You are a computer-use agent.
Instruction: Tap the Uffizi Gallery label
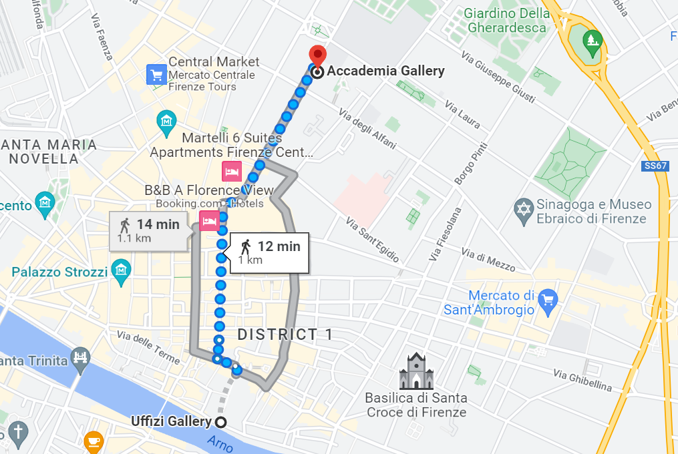click(172, 421)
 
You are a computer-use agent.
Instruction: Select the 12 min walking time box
click(269, 252)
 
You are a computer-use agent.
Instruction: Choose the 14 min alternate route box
click(148, 230)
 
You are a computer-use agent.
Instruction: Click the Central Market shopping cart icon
click(156, 74)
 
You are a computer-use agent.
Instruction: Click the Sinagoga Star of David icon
click(523, 208)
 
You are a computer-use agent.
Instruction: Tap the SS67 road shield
click(655, 166)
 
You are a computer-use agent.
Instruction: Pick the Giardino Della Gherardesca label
click(507, 21)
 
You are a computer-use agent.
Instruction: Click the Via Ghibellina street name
click(582, 381)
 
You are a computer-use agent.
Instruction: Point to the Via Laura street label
click(462, 113)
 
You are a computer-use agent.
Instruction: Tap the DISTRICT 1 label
click(285, 334)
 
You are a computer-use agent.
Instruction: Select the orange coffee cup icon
click(93, 441)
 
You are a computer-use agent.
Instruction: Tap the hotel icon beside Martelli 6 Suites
click(232, 171)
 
